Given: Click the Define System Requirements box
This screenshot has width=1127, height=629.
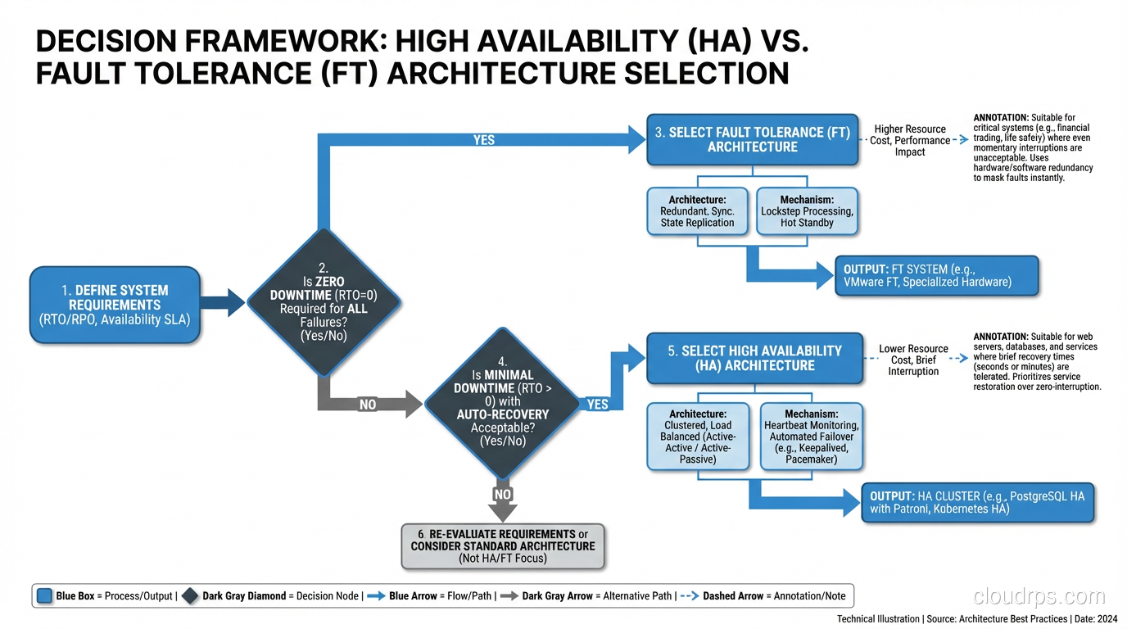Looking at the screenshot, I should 114,304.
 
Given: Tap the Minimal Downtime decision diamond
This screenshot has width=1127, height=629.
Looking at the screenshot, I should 502,403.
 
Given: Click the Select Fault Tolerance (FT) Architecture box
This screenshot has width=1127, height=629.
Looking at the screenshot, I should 752,139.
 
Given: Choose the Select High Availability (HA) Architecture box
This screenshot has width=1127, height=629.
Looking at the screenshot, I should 754,358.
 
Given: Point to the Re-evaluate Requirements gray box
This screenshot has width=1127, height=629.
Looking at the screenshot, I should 503,545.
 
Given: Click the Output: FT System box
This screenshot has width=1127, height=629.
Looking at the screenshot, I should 936,275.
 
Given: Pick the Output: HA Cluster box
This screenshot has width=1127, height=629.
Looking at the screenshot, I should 978,502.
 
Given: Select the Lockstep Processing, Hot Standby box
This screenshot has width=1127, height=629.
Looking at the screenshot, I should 806,211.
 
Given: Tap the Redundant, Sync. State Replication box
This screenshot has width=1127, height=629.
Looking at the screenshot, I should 697,211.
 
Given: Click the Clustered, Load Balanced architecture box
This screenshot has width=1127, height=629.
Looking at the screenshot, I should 698,436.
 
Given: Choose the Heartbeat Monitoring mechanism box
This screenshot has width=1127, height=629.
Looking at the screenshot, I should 811,436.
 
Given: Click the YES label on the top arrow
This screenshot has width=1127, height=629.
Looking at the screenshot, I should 484,140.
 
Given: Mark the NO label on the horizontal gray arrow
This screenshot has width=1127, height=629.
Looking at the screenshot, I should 368,404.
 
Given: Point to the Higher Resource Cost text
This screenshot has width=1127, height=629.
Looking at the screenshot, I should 909,140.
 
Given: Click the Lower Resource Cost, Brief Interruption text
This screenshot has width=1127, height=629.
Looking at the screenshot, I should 913,360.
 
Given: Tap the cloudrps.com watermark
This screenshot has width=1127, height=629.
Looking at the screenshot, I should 1039,595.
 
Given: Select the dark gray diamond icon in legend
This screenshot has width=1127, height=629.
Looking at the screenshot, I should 189,596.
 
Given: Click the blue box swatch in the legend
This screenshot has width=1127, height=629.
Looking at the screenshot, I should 44,596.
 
